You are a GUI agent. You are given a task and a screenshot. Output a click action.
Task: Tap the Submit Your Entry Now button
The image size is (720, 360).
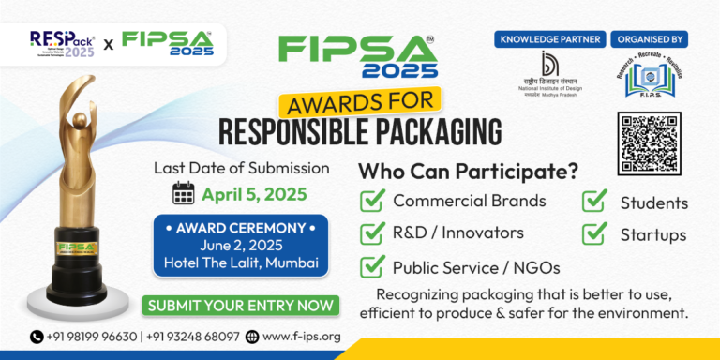240,305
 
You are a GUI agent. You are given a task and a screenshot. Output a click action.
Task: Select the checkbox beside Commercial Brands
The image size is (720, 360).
374,201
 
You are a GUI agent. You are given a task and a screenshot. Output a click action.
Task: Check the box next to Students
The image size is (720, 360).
595,202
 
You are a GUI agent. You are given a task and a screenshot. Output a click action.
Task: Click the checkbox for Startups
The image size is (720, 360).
595,233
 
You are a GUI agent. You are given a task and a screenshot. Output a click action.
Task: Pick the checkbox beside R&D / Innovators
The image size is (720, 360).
374,232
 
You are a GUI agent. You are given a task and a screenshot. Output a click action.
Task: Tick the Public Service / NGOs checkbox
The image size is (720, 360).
374,266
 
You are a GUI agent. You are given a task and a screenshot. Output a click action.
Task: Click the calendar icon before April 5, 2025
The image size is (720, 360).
184,193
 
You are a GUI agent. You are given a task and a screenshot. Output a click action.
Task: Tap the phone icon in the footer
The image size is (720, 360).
37,337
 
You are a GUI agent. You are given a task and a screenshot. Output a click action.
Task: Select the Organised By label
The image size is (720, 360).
650,39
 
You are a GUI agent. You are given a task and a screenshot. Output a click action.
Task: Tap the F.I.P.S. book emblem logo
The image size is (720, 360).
650,79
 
